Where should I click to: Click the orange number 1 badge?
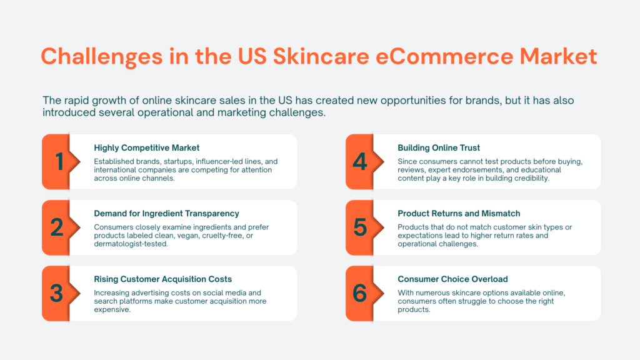coord(58,162)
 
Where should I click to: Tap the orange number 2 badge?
coord(58,227)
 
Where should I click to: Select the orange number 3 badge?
coord(58,293)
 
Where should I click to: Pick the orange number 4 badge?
coord(361,162)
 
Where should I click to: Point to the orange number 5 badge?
coord(361,227)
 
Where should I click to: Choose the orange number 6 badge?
coord(361,293)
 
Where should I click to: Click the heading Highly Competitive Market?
coord(146,147)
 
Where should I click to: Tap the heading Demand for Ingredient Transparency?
coord(166,214)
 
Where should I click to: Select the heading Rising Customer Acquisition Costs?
coord(162,279)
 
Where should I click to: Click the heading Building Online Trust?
coord(439,147)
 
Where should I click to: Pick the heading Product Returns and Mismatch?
coord(459,214)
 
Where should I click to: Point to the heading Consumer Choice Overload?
coord(452,279)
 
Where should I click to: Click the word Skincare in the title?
coord(302,56)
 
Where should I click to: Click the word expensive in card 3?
coord(112,309)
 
